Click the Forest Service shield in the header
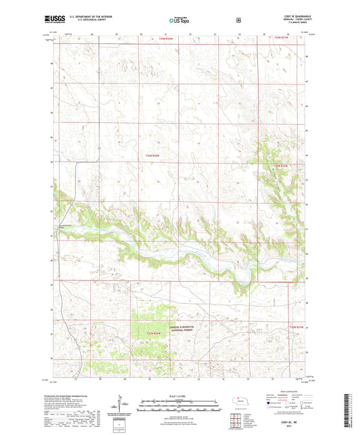coord(238,20)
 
